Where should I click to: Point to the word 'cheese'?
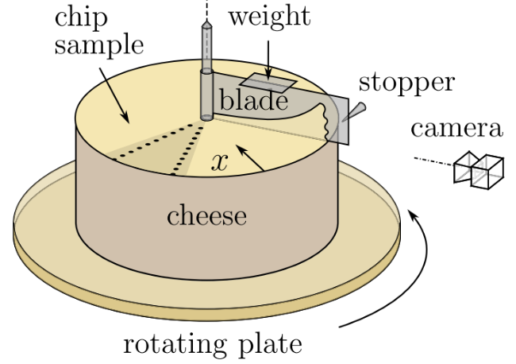tap(206, 215)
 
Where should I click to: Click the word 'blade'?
tap(253, 101)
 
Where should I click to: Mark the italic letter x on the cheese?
tap(220, 163)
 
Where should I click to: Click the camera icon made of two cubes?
tap(479, 169)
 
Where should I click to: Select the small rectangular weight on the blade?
tap(268, 83)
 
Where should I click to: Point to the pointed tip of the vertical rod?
tap(207, 25)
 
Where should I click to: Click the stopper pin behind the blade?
tap(357, 110)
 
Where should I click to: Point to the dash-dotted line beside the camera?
tap(433, 162)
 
